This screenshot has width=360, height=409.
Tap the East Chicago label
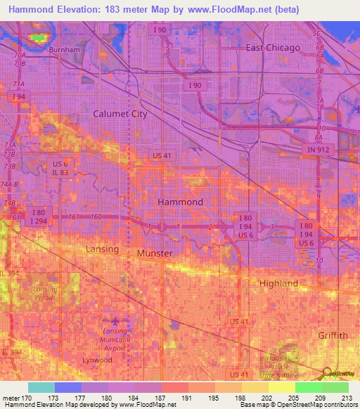click(x=273, y=48)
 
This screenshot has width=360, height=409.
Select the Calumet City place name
click(x=120, y=113)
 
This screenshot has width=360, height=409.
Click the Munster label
click(x=155, y=252)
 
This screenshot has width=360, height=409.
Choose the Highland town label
click(x=279, y=283)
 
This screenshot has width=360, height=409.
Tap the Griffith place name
click(x=332, y=335)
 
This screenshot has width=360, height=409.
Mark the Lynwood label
click(x=96, y=360)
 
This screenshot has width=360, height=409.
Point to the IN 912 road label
click(x=321, y=150)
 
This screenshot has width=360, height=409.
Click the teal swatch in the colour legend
click(x=41, y=387)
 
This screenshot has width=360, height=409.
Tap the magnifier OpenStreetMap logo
click(x=328, y=373)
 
